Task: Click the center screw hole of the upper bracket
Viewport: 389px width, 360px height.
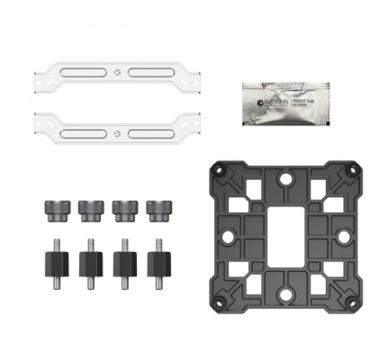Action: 117,73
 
